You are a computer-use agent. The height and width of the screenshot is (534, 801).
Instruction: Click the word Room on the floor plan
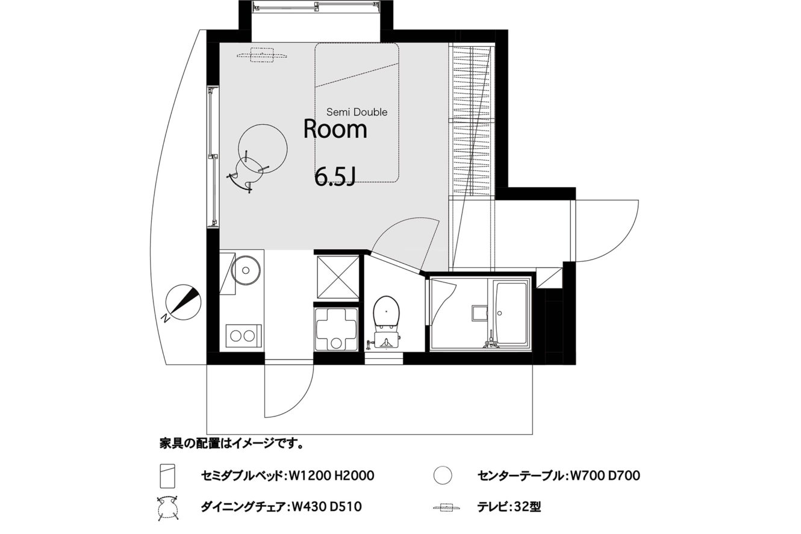pyautogui.click(x=335, y=129)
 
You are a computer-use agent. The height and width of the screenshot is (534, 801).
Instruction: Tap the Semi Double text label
pyautogui.click(x=357, y=112)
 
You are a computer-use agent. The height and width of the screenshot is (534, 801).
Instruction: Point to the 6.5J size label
pyautogui.click(x=335, y=178)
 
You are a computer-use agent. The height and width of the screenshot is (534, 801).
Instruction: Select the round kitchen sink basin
pyautogui.click(x=245, y=270)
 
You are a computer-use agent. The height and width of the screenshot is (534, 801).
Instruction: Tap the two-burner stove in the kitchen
pyautogui.click(x=243, y=335)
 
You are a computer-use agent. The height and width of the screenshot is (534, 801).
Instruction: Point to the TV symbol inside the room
pyautogui.click(x=262, y=55)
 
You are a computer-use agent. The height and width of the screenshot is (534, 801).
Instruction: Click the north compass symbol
pyautogui.click(x=183, y=302)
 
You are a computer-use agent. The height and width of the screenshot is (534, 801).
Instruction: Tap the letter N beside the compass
pyautogui.click(x=165, y=318)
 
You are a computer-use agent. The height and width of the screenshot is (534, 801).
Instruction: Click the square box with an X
pyautogui.click(x=338, y=277)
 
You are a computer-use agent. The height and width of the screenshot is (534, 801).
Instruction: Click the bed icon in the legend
pyautogui.click(x=167, y=476)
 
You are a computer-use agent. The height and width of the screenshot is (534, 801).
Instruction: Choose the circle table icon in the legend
pyautogui.click(x=443, y=476)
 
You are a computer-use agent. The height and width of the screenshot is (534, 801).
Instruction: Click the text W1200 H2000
pyautogui.click(x=331, y=476)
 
